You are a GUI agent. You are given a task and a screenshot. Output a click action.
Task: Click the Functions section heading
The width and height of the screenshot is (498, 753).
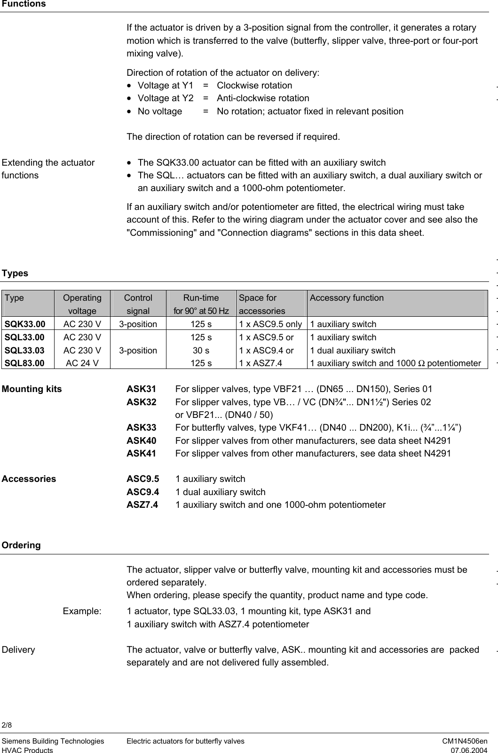[24, 4]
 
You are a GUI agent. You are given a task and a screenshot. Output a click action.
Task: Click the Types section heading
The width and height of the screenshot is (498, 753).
[15, 273]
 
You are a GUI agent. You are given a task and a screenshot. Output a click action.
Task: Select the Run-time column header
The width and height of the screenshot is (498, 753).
[201, 298]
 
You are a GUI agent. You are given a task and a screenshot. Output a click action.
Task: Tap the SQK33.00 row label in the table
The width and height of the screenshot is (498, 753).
[25, 324]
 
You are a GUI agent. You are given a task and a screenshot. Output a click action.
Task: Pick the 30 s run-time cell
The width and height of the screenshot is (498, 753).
[201, 350]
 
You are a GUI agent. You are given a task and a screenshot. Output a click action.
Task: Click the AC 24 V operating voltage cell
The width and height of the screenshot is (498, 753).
[82, 363]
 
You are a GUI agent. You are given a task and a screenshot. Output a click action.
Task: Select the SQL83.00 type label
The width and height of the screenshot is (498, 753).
[25, 363]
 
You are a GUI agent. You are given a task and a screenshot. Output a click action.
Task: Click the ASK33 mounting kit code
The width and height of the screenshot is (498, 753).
[142, 428]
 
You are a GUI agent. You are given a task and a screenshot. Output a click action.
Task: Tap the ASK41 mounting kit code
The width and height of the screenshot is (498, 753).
[142, 454]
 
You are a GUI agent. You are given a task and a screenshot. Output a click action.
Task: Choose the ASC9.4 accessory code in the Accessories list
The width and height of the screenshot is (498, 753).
[143, 492]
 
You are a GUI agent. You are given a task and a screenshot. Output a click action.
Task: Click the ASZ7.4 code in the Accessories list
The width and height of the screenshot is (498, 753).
[142, 505]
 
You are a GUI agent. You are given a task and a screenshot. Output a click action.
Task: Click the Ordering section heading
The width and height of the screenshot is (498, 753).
[21, 545]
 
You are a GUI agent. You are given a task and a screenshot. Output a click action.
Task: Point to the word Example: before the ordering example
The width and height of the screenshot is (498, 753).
[82, 611]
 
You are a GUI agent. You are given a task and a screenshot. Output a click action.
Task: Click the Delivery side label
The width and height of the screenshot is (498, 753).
[18, 650]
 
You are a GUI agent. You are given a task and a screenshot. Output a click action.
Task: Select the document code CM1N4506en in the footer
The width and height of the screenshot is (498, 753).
[465, 741]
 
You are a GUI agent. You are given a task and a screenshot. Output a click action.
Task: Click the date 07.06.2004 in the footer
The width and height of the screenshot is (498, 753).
[469, 750]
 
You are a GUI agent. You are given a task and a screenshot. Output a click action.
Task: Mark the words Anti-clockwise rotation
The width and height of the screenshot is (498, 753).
[263, 98]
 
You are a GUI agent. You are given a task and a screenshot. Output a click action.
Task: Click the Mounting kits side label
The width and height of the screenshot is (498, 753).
[32, 389]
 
